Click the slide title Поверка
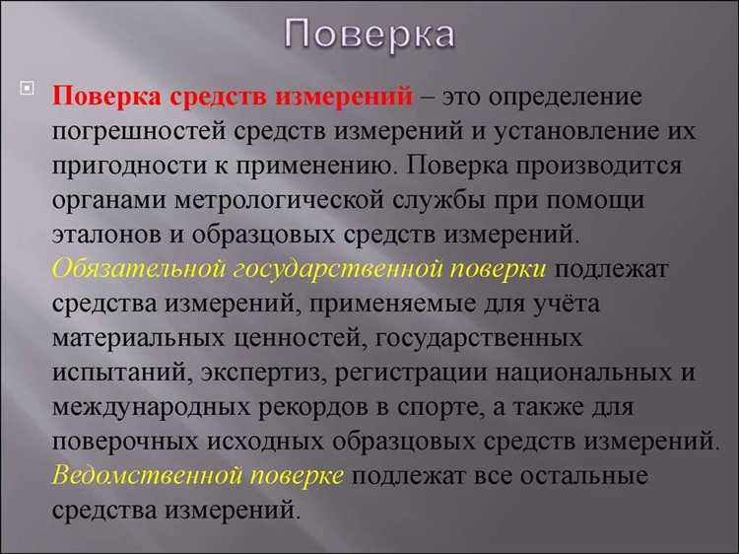(369, 35)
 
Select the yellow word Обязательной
(138, 268)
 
